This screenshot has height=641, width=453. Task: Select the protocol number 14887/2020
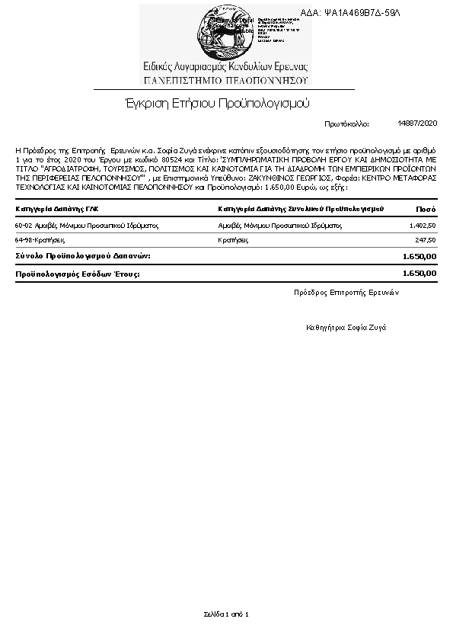click(x=417, y=123)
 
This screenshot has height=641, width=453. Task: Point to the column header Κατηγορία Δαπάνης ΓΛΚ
click(x=57, y=208)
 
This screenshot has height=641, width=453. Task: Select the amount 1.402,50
click(x=423, y=226)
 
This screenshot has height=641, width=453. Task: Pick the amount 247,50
click(x=425, y=239)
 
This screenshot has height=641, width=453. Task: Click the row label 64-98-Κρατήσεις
click(x=40, y=239)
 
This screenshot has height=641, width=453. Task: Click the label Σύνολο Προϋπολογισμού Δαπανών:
click(x=83, y=255)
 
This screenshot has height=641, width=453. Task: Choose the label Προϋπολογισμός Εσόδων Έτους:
click(x=78, y=272)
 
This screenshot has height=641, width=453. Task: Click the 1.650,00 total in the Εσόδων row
click(x=419, y=272)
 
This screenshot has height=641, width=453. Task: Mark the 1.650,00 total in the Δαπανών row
click(x=419, y=255)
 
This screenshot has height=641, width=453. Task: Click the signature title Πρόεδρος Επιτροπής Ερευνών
click(x=346, y=292)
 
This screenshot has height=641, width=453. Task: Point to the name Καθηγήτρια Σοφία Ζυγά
click(x=346, y=326)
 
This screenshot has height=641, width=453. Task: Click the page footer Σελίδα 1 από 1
click(x=226, y=613)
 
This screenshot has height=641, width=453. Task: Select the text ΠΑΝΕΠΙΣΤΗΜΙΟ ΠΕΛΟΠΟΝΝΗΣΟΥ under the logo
click(x=225, y=79)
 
